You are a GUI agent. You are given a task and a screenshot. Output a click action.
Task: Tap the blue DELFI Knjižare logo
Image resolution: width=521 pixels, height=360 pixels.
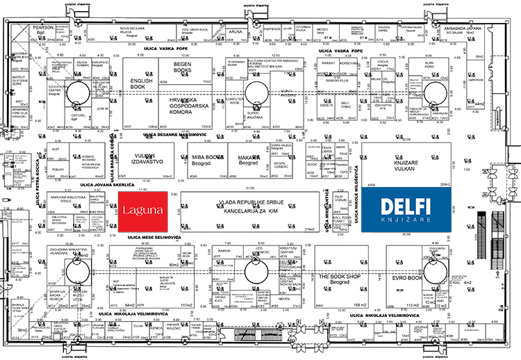pos(406,210)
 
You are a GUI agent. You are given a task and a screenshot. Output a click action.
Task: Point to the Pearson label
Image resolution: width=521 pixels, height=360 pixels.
pos(44,28)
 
